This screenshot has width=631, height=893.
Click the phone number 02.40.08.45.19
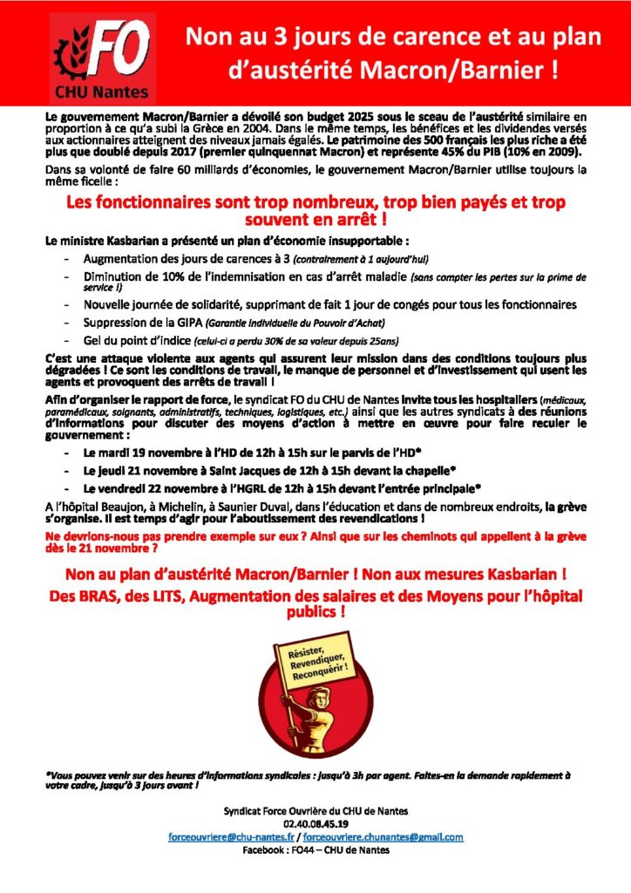pyautogui.click(x=315, y=823)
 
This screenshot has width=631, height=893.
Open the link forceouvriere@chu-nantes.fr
pyautogui.click(x=230, y=836)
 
